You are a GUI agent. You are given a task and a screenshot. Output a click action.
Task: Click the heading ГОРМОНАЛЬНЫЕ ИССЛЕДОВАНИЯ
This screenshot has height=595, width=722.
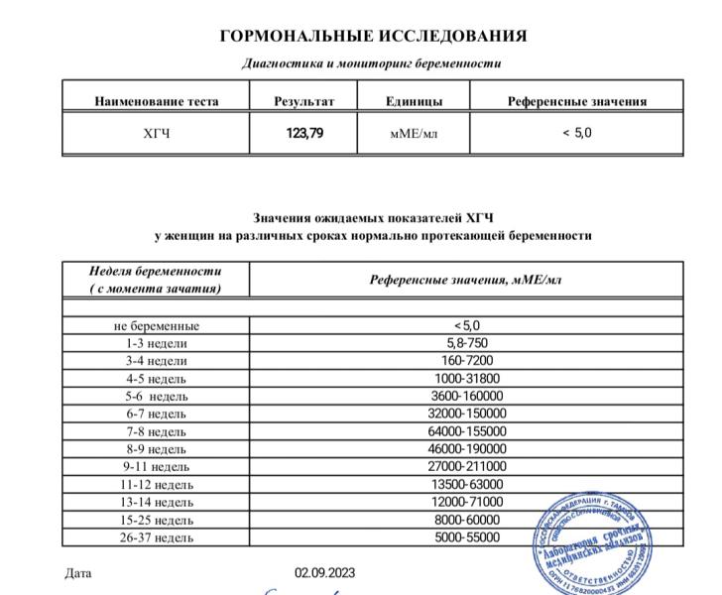373,37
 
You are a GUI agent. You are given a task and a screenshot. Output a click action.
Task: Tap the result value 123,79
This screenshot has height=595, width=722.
303,134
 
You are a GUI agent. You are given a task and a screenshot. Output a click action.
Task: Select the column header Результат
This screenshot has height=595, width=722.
303,101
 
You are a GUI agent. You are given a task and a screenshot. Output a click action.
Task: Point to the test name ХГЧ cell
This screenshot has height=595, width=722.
156,134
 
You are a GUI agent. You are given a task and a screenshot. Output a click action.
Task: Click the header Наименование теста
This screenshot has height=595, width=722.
156,101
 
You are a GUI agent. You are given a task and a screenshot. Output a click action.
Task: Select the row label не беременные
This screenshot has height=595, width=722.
156,325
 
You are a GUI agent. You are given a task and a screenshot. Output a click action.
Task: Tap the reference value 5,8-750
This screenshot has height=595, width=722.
466,343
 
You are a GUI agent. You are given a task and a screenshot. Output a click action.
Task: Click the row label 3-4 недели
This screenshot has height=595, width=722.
156,361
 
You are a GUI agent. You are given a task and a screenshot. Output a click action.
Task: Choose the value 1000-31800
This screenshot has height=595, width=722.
466,378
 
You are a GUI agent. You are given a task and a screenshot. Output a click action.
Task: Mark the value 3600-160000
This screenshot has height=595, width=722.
466,396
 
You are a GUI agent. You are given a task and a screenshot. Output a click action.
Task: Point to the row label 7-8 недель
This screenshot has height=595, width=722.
156,431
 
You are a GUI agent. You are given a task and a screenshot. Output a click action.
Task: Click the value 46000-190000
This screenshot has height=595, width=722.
466,449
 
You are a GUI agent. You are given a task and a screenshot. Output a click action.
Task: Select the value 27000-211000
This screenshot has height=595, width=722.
466,466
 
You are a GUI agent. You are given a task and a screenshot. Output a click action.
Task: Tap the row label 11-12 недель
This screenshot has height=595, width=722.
156,484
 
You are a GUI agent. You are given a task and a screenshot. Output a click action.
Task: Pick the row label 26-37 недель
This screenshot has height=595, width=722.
156,537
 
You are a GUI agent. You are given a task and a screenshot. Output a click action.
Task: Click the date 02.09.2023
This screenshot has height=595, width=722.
322,573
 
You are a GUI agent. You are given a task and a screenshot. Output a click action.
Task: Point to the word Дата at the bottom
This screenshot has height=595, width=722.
77,573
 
